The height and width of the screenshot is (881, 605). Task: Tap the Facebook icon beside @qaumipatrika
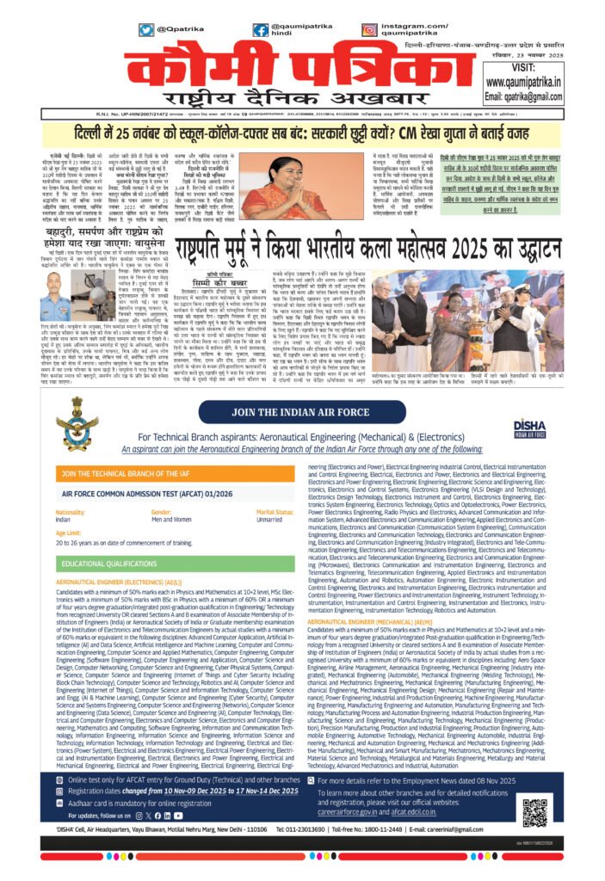(260, 29)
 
